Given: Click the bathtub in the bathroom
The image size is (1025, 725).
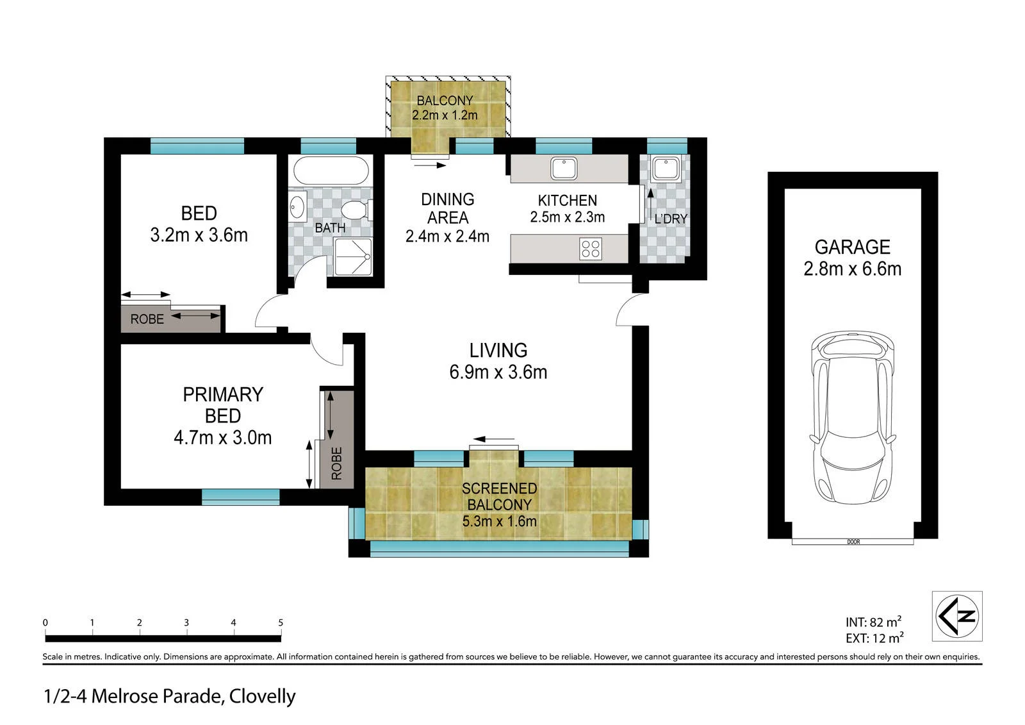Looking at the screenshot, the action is pyautogui.click(x=331, y=171).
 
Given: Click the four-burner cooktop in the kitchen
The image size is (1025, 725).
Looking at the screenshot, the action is pyautogui.click(x=590, y=249).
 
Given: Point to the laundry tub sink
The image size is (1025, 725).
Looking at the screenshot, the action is pyautogui.click(x=666, y=168).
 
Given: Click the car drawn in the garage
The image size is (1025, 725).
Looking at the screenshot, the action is pyautogui.click(x=853, y=417).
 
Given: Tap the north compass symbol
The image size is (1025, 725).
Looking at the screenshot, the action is pyautogui.click(x=957, y=615).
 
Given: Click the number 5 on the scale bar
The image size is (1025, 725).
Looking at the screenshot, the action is pyautogui.click(x=281, y=622).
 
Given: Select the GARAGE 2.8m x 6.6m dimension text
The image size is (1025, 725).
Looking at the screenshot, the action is pyautogui.click(x=853, y=269).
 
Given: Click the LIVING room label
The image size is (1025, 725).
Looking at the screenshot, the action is pyautogui.click(x=498, y=351).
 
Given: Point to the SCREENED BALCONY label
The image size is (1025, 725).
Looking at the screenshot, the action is pyautogui.click(x=499, y=496).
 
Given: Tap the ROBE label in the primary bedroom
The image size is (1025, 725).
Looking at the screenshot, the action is pyautogui.click(x=337, y=463).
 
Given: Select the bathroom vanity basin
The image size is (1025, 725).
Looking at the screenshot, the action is pyautogui.click(x=297, y=206).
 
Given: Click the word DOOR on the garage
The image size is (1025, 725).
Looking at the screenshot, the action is pyautogui.click(x=853, y=542).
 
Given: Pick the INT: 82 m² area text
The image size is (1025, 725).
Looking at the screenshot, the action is pyautogui.click(x=873, y=622).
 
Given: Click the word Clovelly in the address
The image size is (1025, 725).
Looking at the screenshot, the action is pyautogui.click(x=262, y=697).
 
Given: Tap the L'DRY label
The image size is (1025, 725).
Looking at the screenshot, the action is pyautogui.click(x=671, y=219).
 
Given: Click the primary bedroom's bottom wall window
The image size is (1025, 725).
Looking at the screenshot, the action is pyautogui.click(x=241, y=497).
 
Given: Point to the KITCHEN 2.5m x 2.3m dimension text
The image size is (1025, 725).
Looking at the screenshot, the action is pyautogui.click(x=568, y=217).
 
